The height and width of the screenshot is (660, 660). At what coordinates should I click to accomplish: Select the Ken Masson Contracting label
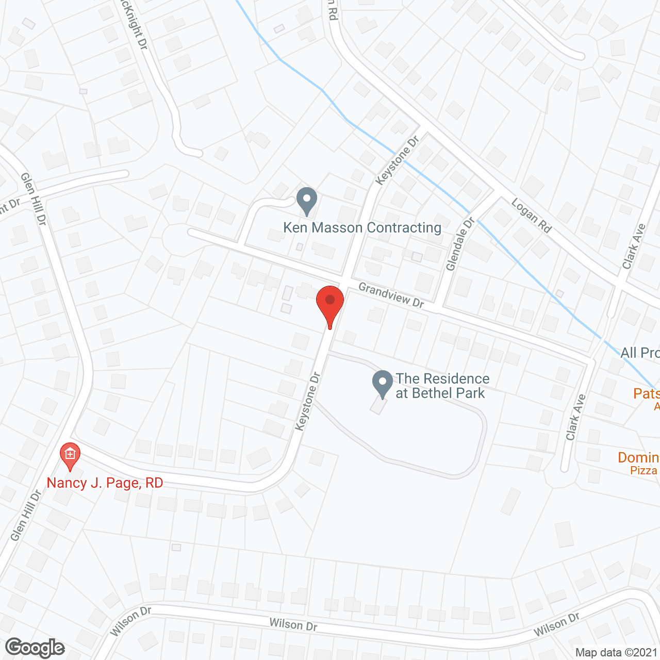362,227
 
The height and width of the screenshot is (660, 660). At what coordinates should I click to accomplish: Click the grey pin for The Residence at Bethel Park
383,384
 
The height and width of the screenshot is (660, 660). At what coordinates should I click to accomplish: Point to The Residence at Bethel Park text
442,386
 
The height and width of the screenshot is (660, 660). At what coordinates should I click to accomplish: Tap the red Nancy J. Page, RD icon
70,455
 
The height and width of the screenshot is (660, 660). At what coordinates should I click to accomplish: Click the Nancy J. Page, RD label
105,483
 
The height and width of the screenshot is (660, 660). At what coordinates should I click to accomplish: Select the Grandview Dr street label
391,295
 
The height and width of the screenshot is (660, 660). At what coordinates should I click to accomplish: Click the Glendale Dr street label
460,244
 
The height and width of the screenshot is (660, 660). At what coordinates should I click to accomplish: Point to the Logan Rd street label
532,215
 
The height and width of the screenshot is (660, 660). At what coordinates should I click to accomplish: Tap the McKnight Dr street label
134,26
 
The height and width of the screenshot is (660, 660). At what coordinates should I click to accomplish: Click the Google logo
35,648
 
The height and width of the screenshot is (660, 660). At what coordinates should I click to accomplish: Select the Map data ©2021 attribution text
616,653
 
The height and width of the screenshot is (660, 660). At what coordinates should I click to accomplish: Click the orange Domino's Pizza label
638,463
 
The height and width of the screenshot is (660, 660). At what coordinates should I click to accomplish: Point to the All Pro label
639,353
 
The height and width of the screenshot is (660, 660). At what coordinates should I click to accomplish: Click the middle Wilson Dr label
293,624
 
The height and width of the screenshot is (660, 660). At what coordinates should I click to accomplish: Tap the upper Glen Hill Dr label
34,199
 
